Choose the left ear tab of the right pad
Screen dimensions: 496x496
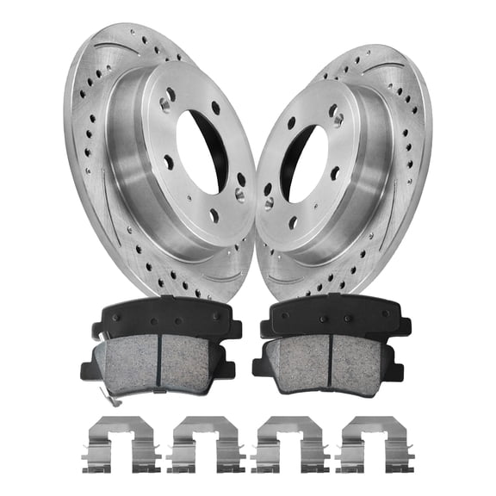[261, 369]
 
